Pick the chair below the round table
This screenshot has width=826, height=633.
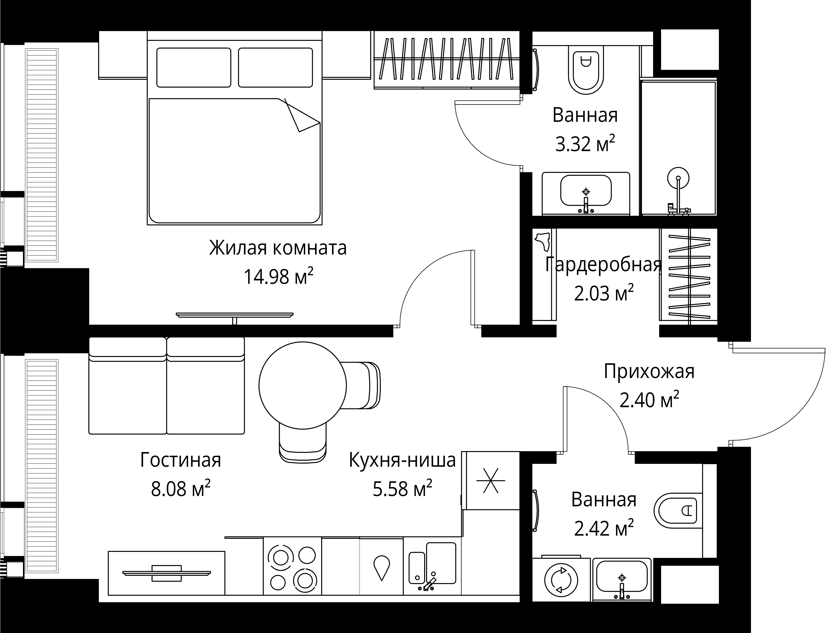[302, 443]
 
